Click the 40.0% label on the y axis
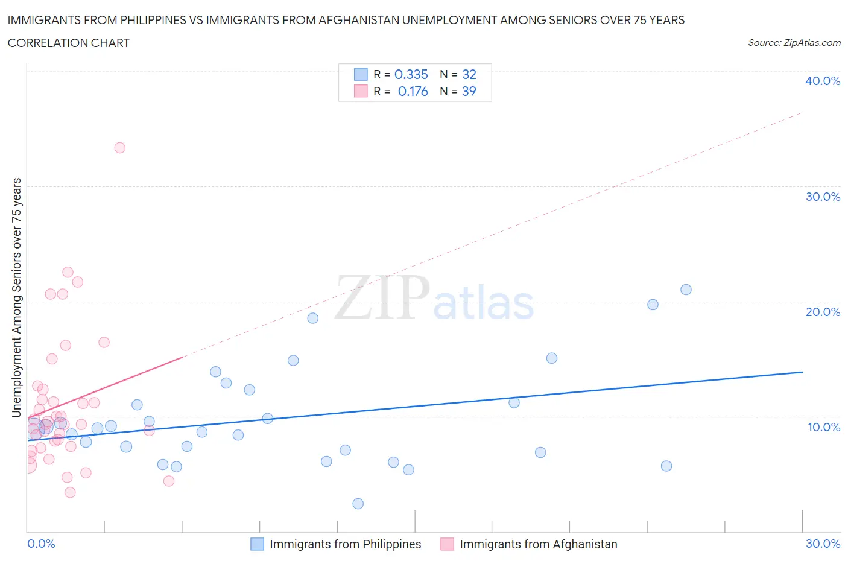822,81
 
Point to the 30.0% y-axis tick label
822,197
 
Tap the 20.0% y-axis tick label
822,312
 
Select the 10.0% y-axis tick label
823,427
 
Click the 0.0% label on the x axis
41,544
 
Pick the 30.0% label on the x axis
823,544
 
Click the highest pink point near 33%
119,148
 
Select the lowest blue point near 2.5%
358,504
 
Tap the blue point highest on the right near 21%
686,290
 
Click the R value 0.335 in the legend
411,74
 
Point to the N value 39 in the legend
469,91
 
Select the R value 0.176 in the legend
413,91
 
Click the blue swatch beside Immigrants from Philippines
257,544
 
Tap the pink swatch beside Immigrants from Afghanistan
447,544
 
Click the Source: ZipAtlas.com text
794,42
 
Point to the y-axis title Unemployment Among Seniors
17,297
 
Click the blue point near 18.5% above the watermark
312,318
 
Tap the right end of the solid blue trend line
802,372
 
